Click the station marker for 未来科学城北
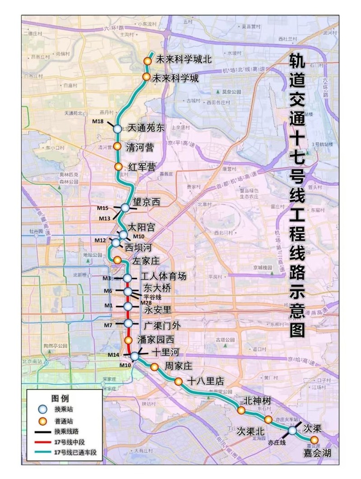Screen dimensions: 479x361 pos(147,61)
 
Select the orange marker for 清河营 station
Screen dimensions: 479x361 pos(117,146)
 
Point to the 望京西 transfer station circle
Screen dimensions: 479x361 pos(125,207)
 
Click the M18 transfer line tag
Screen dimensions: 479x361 pos(98,121)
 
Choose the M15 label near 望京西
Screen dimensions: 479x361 pos(103,208)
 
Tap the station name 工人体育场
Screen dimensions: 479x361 pos(163,276)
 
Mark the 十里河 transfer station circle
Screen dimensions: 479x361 pos(134,356)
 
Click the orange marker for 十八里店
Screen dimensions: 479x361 pos(179,381)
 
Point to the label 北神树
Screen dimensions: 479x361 pos(257,400)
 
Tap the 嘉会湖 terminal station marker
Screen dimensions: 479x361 pos(314,440)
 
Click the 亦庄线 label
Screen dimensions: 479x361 pos(277,442)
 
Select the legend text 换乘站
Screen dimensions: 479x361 pos(63,409)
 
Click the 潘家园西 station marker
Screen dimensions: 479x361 pos(128,340)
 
